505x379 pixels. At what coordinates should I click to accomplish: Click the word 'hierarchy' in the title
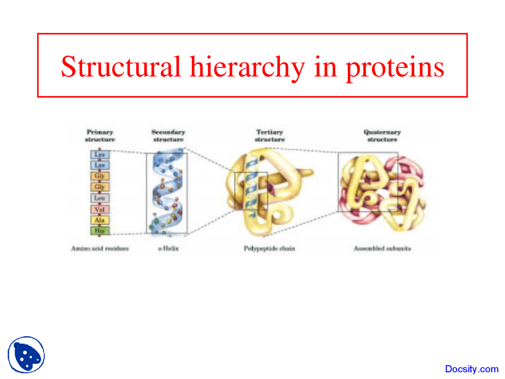point(247,67)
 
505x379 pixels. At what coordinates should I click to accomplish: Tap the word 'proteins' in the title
point(395,67)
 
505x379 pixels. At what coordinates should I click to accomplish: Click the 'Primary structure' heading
point(100,136)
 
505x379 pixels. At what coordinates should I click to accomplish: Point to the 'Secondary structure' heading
point(168,136)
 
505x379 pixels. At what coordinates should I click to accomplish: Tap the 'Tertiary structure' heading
point(269,136)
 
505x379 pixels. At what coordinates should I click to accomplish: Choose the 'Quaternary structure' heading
point(382,136)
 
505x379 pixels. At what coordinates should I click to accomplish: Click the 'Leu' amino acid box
point(100,198)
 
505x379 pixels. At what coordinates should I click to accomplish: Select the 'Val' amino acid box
point(100,209)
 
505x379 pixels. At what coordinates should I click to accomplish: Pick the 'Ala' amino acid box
point(100,220)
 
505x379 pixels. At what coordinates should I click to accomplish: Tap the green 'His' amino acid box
point(100,231)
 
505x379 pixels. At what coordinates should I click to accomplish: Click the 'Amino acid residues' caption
point(100,248)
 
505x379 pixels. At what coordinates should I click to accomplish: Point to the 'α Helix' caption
point(168,248)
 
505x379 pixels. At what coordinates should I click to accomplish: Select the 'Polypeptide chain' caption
point(269,248)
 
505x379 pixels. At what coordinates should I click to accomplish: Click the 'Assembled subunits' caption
point(382,248)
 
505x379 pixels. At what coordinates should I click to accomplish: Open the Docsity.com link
point(471,369)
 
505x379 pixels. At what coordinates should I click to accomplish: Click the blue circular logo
point(26,355)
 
